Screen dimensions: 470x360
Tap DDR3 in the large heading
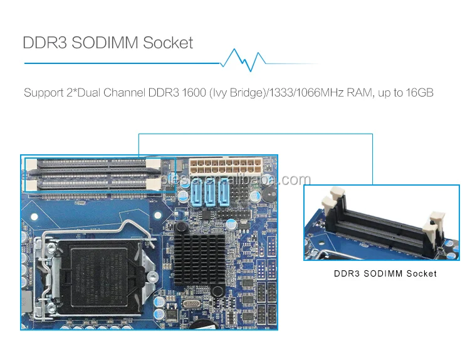44,42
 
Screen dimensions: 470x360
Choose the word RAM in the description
360,92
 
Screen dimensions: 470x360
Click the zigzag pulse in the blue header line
243,60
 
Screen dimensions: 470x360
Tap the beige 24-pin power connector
226,166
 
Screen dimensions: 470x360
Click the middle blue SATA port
211,194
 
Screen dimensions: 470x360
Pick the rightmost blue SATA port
224,194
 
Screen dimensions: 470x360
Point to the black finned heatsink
199,259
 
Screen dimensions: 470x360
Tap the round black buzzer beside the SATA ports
269,194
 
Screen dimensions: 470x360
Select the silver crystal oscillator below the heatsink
192,304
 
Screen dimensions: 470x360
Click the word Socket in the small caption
422,273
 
